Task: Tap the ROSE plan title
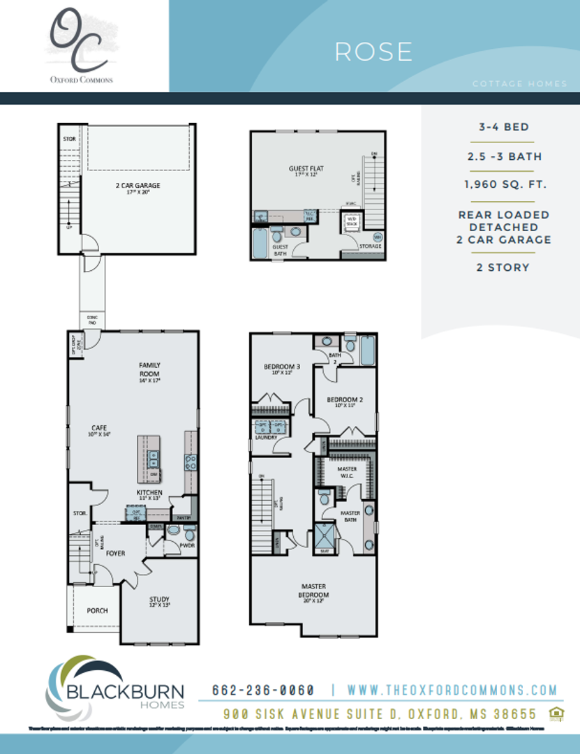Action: (373, 52)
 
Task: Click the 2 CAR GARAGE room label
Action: (137, 186)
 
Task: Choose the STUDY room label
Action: (159, 599)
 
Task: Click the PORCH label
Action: (97, 610)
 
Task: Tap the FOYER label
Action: (115, 554)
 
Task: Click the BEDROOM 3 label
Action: (281, 367)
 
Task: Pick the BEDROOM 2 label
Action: (345, 400)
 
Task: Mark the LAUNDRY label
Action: (265, 437)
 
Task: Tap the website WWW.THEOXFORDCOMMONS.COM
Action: (452, 690)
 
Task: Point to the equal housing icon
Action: (556, 712)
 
